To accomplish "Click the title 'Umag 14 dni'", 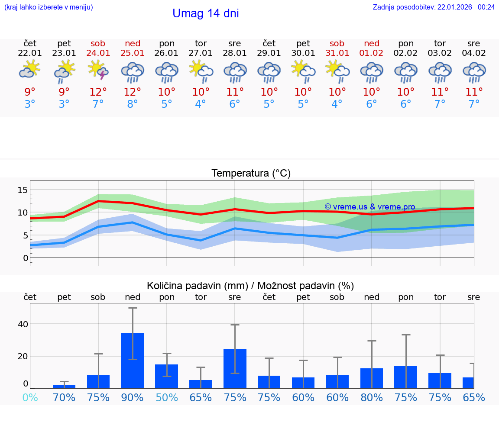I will click(205, 13).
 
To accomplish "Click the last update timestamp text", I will click(434, 7).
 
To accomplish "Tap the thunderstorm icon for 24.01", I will click(98, 70).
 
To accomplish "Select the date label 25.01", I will click(133, 53).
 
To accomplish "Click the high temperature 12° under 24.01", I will click(98, 92).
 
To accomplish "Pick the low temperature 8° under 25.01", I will click(133, 104).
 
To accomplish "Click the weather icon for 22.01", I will click(30, 70).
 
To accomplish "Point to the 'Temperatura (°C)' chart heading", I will click(251, 174).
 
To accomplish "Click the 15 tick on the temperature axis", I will click(23, 190).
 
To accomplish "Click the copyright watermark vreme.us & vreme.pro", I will click(369, 207).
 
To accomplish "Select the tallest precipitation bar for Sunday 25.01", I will click(132, 361).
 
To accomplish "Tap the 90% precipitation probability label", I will click(133, 397).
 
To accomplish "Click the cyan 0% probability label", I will click(30, 397).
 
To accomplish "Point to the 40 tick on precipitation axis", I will click(23, 324).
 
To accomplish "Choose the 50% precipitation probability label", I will click(167, 397).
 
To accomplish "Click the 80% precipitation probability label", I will click(372, 397).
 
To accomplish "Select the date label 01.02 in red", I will click(372, 53).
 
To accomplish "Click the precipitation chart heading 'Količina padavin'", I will click(250, 286).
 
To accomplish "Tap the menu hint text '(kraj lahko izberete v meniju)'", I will click(49, 7).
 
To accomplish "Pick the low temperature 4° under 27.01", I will click(201, 104).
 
